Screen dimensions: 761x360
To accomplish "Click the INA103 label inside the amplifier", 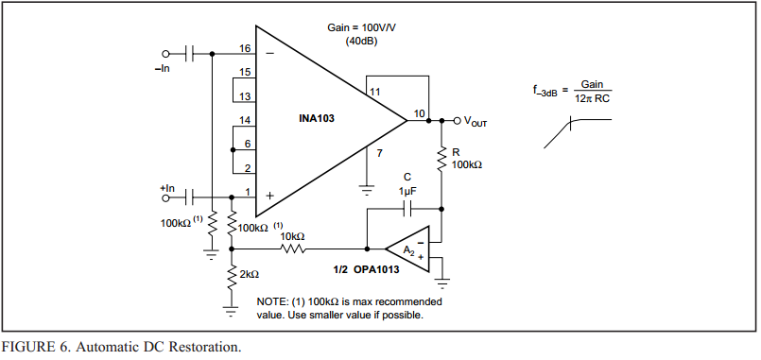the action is click(317, 118).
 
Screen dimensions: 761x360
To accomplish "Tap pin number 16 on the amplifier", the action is click(245, 48).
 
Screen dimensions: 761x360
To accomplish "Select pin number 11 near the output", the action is click(374, 92).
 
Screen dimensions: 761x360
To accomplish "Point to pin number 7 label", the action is click(379, 153).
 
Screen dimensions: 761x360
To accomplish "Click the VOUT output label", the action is click(476, 121).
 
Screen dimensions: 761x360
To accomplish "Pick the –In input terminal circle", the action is click(165, 53).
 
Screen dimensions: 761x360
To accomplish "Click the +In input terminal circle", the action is click(165, 197).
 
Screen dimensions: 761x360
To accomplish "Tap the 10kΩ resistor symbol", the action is click(293, 249).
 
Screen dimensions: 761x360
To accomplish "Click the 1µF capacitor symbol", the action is click(407, 210).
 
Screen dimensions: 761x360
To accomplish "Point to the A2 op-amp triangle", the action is click(407, 249).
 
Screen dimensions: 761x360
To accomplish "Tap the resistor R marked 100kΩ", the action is click(441, 158).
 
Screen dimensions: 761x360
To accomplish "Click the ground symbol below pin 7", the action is click(368, 189).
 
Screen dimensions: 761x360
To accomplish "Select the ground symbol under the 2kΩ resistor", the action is click(231, 311).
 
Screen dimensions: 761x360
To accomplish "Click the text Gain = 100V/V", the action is click(361, 27).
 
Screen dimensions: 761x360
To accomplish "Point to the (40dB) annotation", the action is click(361, 42).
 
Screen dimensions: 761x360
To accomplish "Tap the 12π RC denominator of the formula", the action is click(592, 98).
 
